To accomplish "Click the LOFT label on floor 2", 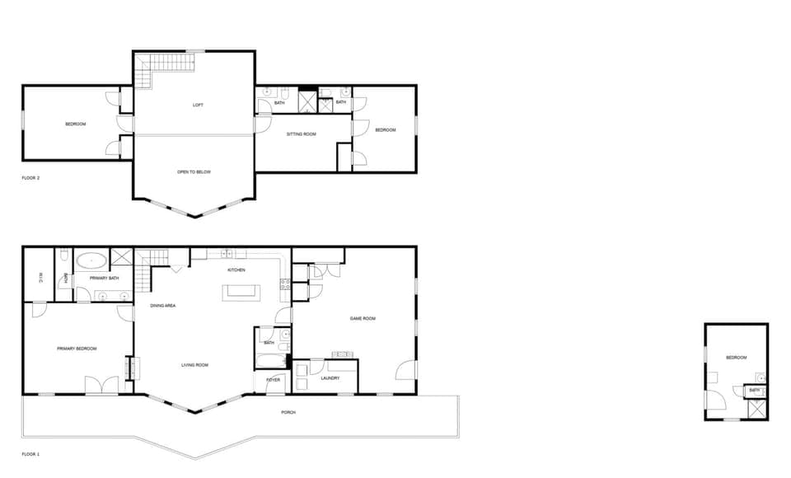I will pyautogui.click(x=198, y=105).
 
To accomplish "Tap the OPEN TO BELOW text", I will pyautogui.click(x=194, y=172).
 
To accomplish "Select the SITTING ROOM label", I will pyautogui.click(x=302, y=134).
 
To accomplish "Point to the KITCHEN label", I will pyautogui.click(x=236, y=270).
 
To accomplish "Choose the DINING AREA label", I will pyautogui.click(x=162, y=306).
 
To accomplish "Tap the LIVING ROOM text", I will pyautogui.click(x=195, y=365).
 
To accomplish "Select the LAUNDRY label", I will pyautogui.click(x=330, y=378).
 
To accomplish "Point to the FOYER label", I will pyautogui.click(x=273, y=380).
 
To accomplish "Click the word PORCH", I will pyautogui.click(x=288, y=412).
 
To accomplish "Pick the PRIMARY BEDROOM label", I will pyautogui.click(x=77, y=349).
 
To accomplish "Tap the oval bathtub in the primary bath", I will pyautogui.click(x=91, y=261).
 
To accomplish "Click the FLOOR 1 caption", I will pyautogui.click(x=30, y=454).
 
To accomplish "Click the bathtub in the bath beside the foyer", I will pyautogui.click(x=269, y=361).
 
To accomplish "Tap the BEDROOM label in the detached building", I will pyautogui.click(x=736, y=357).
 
